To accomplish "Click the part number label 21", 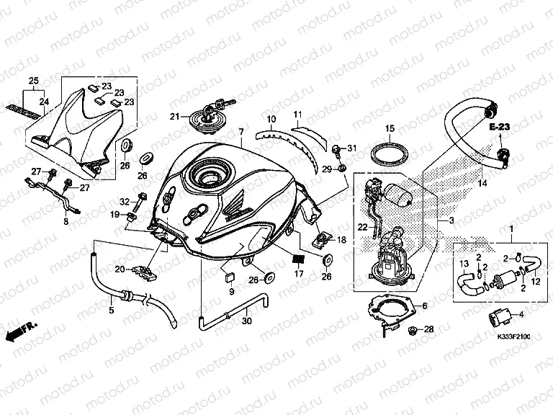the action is (x=174, y=116).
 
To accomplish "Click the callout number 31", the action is (x=351, y=148).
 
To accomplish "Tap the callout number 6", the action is (x=424, y=306).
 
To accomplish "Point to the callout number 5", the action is (x=112, y=311).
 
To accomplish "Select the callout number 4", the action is (x=522, y=314).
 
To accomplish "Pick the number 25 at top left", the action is (x=32, y=80).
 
